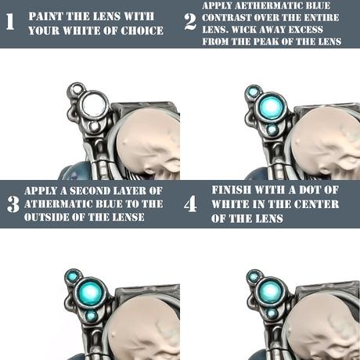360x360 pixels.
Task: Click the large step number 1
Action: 10,21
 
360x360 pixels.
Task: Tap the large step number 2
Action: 190,22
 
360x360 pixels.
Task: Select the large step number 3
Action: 13,204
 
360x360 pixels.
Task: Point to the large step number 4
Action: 190,204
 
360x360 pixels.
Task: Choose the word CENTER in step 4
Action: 317,204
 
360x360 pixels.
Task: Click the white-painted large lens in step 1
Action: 94,104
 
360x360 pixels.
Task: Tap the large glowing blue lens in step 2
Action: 272,106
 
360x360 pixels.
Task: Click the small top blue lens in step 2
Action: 253,92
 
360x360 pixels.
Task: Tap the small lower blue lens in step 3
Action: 92,316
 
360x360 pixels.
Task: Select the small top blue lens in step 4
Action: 253,276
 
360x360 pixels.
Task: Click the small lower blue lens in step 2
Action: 272,130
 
